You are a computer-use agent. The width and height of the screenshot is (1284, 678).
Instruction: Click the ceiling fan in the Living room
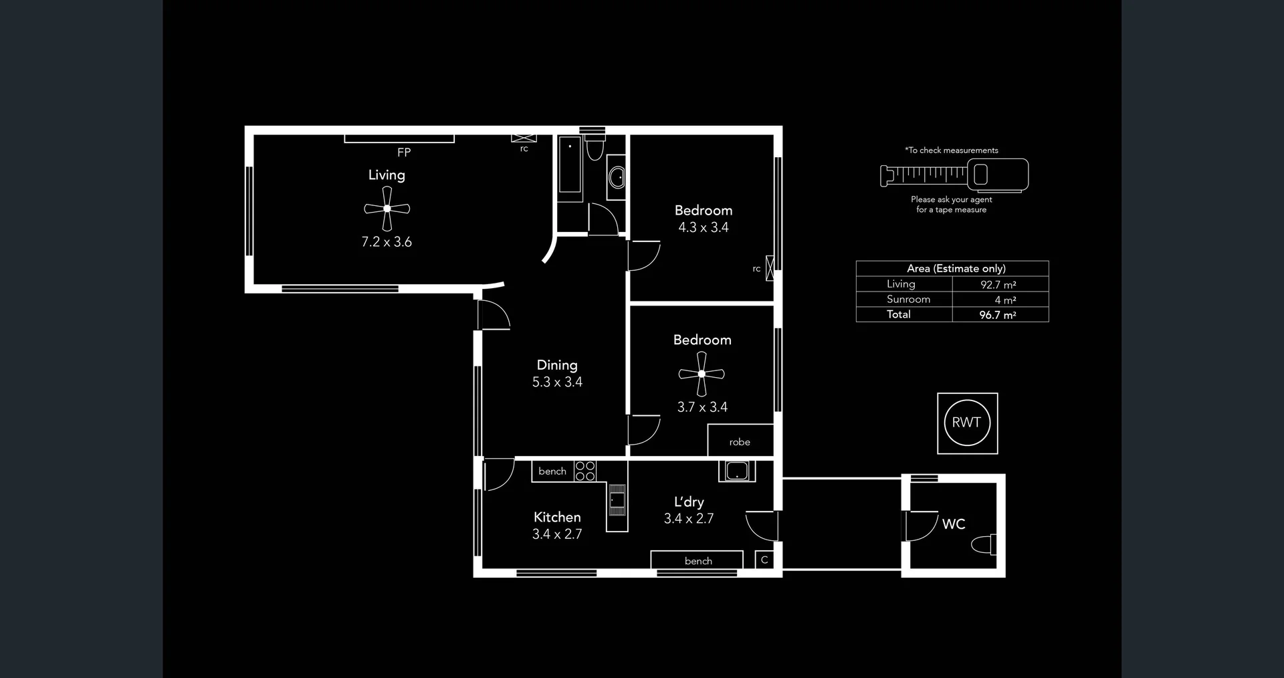387,209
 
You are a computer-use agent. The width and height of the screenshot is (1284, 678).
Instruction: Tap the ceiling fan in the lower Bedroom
702,374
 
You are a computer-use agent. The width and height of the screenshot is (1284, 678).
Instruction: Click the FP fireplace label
404,152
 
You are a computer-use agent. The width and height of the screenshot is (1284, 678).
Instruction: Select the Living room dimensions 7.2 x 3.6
387,242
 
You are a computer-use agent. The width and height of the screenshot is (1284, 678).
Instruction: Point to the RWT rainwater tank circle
966,423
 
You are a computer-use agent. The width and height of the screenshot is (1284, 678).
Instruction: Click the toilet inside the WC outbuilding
984,544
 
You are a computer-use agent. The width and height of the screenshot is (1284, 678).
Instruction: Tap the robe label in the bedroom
740,442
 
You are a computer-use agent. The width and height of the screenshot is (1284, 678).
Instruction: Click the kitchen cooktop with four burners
585,471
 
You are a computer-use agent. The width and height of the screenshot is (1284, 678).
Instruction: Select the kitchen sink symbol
617,500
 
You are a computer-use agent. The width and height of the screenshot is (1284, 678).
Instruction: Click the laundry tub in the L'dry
737,471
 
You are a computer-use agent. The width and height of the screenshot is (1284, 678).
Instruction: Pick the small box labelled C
764,560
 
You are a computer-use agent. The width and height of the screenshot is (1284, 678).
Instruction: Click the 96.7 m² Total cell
998,315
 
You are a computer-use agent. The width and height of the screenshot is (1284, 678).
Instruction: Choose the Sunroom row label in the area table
908,300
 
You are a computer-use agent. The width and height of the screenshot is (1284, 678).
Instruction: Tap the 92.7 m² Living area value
998,285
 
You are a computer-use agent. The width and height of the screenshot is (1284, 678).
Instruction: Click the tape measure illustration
955,175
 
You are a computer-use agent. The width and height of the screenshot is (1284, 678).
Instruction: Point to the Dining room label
557,365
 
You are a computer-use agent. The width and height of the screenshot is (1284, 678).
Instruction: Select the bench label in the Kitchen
552,471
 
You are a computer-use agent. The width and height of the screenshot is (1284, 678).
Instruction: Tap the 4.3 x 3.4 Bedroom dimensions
704,227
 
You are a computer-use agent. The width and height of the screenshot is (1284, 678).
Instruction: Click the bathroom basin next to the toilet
617,178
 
